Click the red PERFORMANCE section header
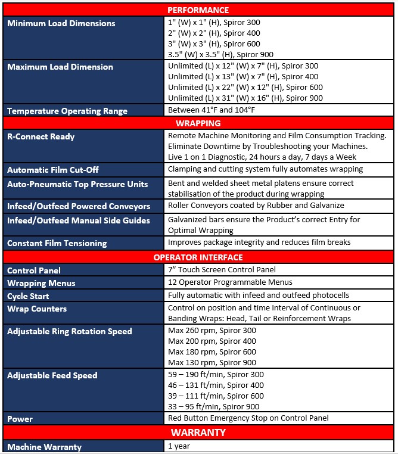198,10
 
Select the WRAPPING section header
198,123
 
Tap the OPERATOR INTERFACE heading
198,257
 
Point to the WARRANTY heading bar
198,432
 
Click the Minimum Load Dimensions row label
61,24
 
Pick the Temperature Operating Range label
67,111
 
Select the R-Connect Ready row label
41,137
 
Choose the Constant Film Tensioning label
57,243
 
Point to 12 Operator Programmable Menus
230,282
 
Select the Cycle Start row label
28,296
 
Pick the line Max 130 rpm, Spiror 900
212,362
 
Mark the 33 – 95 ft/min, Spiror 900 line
214,407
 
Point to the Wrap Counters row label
37,309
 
